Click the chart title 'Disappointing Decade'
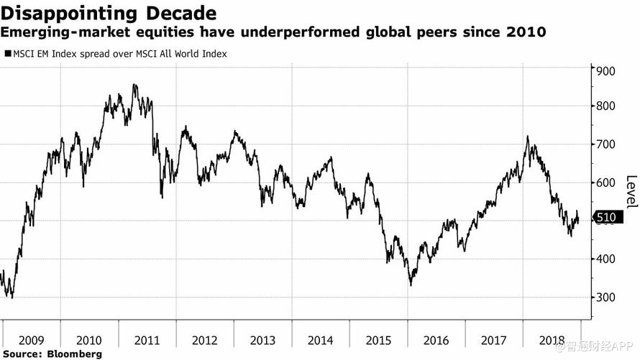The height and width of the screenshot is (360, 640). coord(109,13)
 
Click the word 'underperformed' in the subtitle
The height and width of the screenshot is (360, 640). coord(265,33)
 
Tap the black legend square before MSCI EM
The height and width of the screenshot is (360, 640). coord(7,53)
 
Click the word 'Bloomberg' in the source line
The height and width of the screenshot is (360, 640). coord(74,354)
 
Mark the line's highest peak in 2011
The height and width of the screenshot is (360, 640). coord(134,85)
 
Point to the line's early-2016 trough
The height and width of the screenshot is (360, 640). coord(411,285)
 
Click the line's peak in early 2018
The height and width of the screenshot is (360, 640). coord(528,137)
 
